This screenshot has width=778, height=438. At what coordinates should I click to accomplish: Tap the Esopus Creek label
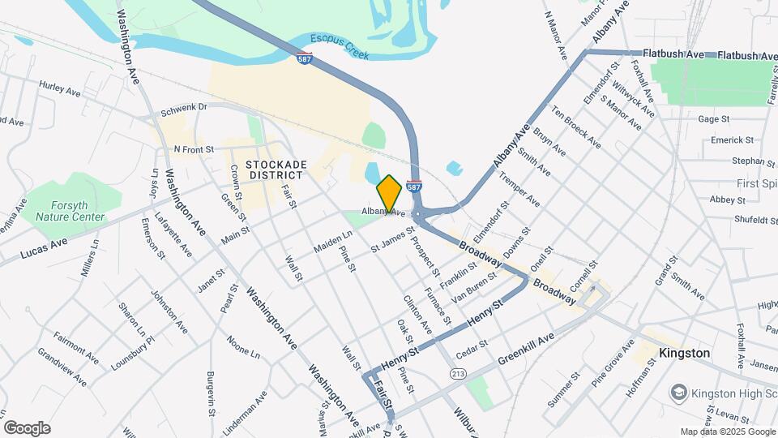point(339,46)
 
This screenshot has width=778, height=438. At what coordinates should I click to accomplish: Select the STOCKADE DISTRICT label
point(255,170)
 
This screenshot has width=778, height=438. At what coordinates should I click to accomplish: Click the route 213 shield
point(459,374)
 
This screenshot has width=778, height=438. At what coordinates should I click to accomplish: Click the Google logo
point(27,428)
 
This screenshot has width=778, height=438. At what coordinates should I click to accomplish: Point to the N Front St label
point(193,149)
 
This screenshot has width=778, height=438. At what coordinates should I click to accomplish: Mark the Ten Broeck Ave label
point(576,127)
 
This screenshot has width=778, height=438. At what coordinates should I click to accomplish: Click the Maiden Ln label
point(332,243)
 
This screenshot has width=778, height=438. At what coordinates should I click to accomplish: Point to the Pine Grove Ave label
point(613,366)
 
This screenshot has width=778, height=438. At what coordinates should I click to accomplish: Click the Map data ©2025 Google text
point(726,432)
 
